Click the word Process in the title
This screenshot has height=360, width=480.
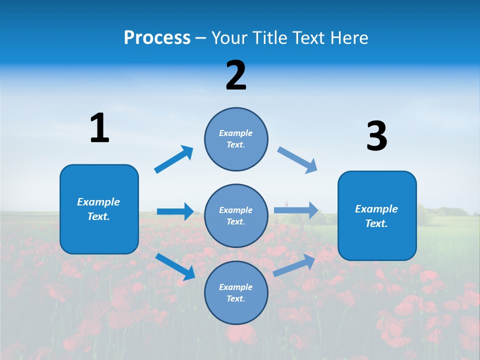[157, 37]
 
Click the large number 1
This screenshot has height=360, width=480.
[99, 128]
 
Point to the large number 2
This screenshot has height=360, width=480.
[236, 76]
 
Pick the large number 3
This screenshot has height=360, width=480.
[376, 136]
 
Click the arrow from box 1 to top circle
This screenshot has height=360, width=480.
[174, 159]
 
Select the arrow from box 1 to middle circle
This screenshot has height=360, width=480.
[175, 211]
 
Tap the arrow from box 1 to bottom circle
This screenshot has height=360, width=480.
[175, 266]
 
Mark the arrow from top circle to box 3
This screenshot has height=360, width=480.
[297, 160]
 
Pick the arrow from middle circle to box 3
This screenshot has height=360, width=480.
[296, 210]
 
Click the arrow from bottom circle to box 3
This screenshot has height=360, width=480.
[295, 265]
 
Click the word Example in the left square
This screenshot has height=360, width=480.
[98, 202]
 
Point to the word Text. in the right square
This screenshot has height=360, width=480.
[376, 223]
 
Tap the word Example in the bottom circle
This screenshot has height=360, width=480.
[236, 287]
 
